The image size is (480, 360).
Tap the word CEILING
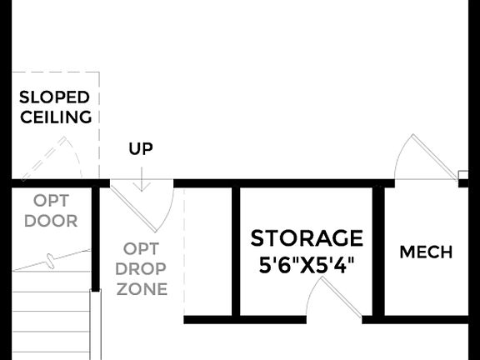click(x=56, y=117)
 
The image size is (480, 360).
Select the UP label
click(x=141, y=149)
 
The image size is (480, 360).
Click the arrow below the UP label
click(x=141, y=178)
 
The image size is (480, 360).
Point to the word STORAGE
click(x=307, y=238)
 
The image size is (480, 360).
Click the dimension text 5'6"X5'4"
click(x=307, y=267)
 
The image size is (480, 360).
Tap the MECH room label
click(x=426, y=252)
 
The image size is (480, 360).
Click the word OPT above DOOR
click(x=51, y=201)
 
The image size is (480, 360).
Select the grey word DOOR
click(x=51, y=221)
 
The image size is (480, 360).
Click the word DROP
click(x=141, y=269)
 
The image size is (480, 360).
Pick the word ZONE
click(x=141, y=289)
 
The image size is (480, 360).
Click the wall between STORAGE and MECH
click(x=378, y=250)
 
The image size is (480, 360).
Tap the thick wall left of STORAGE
click(x=236, y=250)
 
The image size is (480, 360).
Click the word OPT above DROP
click(x=141, y=248)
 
